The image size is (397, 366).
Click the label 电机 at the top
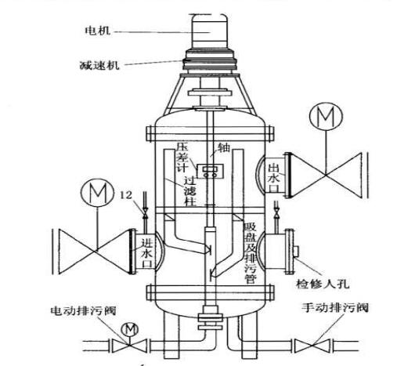coord(98,31)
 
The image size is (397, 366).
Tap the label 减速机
coord(99,65)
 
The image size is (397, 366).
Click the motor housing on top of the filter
coord(209,31)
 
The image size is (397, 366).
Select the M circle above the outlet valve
coord(326,117)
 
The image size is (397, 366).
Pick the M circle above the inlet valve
coord(97,193)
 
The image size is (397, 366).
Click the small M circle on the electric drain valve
coord(130,330)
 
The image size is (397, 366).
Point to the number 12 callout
coord(126,195)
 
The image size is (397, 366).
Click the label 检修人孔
coord(323,284)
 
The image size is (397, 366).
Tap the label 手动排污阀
coord(335,308)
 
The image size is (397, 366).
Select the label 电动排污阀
coord(83,310)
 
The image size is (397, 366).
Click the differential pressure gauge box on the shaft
coord(211,172)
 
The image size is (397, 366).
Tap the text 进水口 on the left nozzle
coord(146,253)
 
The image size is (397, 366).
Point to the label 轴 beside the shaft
coord(224,148)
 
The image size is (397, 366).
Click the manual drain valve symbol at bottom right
coord(312,346)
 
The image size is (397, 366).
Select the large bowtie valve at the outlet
coord(326,175)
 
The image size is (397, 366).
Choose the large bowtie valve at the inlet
coord(94,252)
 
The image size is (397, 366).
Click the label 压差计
coord(182,158)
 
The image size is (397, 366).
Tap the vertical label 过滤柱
coord(190,191)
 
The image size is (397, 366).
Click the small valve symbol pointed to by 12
coord(144,214)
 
